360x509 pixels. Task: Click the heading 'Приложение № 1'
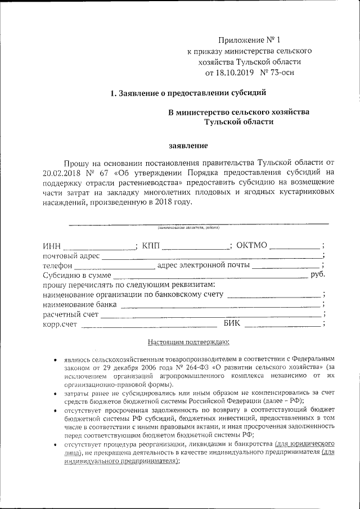click(x=248, y=40)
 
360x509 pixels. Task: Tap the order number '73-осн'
click(x=280, y=72)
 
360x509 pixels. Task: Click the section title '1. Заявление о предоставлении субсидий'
click(x=187, y=93)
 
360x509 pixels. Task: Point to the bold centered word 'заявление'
click(x=188, y=146)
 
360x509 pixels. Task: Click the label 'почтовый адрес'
click(x=71, y=256)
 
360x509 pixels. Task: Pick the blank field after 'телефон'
click(x=115, y=266)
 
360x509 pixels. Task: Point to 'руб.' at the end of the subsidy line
click(x=318, y=275)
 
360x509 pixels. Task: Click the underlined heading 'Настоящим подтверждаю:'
click(x=187, y=342)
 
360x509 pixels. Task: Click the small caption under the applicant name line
click(x=188, y=228)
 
